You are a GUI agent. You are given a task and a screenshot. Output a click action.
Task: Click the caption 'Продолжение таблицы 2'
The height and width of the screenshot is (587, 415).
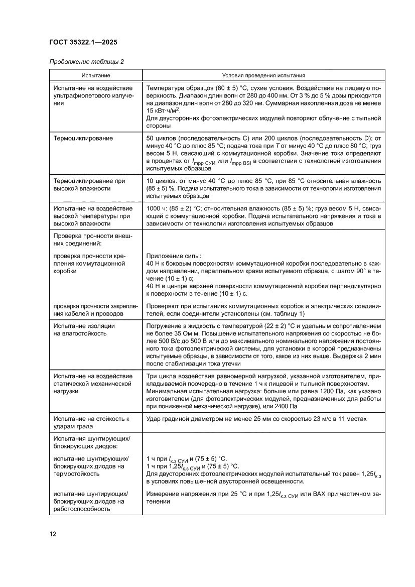86,62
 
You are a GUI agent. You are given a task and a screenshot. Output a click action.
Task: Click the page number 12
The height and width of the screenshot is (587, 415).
53,534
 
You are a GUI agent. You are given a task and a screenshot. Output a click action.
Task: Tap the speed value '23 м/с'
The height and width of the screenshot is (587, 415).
306,418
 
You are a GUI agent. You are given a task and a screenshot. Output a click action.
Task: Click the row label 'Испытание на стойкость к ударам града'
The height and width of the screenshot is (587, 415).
91,422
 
